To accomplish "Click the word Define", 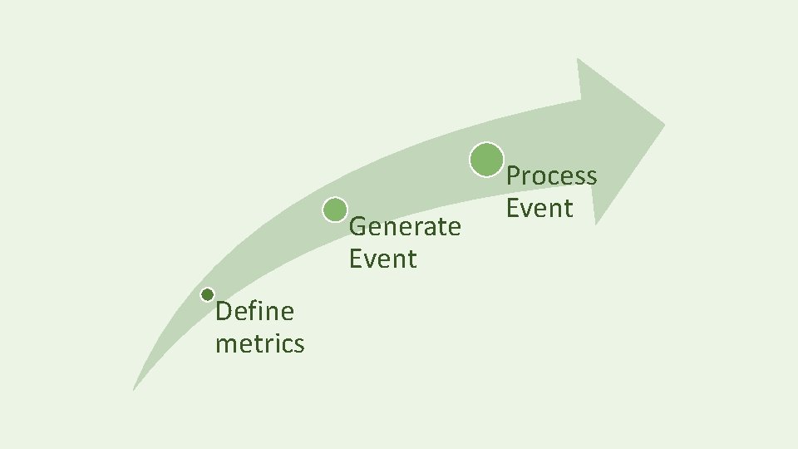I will click(x=254, y=312).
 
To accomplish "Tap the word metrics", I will click(x=259, y=343).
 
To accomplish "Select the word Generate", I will click(x=405, y=227).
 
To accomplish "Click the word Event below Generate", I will click(x=382, y=259).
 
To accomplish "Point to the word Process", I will click(x=551, y=176).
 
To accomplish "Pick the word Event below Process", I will click(x=539, y=208).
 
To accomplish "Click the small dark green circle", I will click(x=208, y=294).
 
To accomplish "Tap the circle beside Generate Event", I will click(x=335, y=210).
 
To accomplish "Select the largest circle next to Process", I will click(x=486, y=160).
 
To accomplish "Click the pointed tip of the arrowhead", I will click(x=665, y=126).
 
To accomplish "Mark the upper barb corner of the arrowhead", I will click(x=578, y=59).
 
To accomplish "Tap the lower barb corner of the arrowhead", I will click(x=597, y=224).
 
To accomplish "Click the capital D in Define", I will click(x=223, y=312).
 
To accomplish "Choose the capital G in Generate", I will click(x=358, y=226).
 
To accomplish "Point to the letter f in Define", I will click(x=256, y=311).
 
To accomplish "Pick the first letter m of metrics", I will click(x=226, y=344).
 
